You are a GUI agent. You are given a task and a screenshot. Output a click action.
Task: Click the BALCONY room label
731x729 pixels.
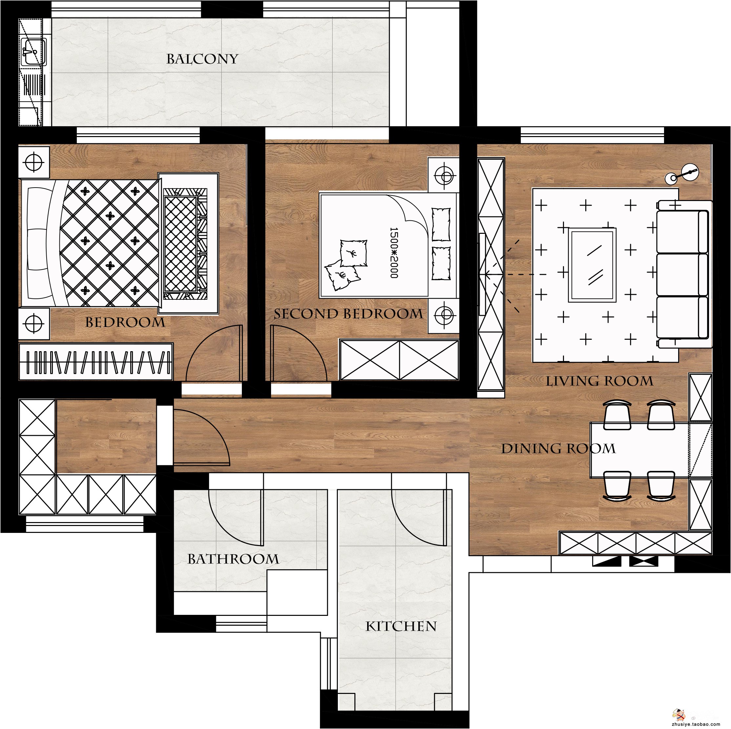click(x=202, y=59)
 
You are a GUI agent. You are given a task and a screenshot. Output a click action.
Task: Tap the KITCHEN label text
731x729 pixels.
click(x=401, y=627)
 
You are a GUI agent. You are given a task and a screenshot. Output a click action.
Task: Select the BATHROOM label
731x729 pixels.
click(x=233, y=559)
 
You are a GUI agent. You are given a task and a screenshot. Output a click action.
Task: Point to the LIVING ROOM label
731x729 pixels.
click(x=599, y=381)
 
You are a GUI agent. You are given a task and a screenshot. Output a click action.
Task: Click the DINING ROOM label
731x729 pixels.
click(x=558, y=449)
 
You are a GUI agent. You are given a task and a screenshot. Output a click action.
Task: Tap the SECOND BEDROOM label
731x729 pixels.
click(x=348, y=314)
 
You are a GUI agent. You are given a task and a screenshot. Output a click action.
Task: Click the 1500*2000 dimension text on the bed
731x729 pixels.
click(x=394, y=253)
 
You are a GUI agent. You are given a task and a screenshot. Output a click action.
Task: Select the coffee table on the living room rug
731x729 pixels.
click(x=592, y=265)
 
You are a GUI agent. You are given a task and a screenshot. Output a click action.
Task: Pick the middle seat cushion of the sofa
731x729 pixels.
click(x=682, y=275)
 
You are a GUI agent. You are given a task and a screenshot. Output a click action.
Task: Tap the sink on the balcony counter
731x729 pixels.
click(x=33, y=52)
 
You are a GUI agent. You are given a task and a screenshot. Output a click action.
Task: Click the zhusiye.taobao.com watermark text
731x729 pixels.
click(x=696, y=724)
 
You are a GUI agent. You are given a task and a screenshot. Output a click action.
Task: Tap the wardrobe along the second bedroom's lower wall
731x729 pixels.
click(x=399, y=360)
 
